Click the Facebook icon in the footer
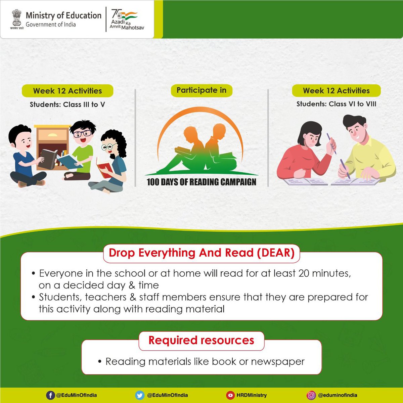50,395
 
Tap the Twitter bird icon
140,395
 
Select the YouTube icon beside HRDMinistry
230,395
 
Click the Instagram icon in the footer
311,395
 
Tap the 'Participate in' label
201,90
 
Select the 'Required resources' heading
201,340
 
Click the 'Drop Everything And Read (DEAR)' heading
201,253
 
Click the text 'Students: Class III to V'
67,104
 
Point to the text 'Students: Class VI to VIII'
336,104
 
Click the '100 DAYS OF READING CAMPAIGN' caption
201,182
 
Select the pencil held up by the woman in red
331,143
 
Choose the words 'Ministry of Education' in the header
63,15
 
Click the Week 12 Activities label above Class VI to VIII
336,91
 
